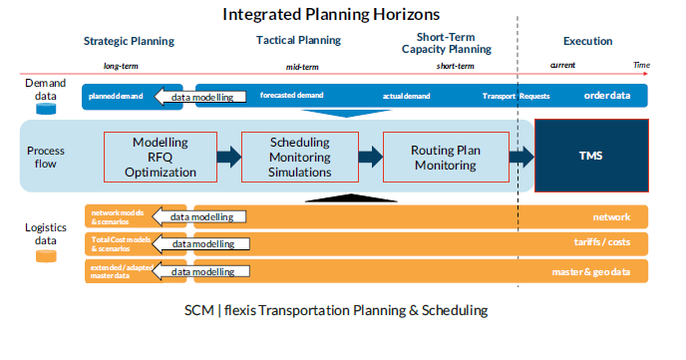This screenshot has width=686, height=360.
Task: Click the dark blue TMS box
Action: coord(591,156)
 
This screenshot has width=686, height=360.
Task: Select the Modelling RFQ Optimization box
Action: coord(161,157)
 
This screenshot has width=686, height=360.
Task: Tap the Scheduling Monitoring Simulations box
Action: coord(300,157)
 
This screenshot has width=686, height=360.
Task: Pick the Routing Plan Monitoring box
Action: coord(446,157)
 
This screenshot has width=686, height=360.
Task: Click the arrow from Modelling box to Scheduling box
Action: coord(229,157)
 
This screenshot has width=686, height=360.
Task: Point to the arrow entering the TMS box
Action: coord(521,157)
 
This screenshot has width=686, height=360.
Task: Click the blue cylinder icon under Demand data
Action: coord(46,109)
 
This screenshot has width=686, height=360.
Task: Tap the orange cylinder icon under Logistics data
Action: coord(46,256)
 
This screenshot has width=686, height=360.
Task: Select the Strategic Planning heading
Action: coord(129,41)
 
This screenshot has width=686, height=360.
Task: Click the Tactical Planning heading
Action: coord(298,40)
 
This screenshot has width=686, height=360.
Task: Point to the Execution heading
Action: coord(587,41)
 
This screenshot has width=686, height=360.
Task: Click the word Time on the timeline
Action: coord(641,65)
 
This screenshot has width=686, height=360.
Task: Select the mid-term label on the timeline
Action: coord(302,67)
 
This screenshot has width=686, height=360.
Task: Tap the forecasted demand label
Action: coord(292,95)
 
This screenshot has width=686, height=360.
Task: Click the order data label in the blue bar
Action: coord(607,96)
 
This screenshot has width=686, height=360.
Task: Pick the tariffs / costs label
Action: coord(602,242)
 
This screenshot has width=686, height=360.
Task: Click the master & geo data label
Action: coord(591,272)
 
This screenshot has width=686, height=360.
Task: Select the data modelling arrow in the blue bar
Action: coord(200,97)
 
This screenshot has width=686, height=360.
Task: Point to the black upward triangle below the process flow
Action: coord(351,197)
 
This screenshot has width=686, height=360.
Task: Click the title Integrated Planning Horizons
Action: coord(331,14)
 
